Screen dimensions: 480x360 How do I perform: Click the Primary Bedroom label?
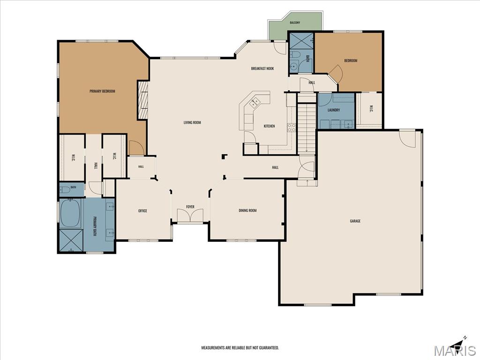(102, 91)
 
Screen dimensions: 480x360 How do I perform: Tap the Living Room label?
(192, 122)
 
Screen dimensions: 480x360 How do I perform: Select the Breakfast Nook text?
(262, 68)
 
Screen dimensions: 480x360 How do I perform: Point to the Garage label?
(355, 221)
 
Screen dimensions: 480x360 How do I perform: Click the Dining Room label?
(247, 210)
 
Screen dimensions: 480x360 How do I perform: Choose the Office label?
(142, 210)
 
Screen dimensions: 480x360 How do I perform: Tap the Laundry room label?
(334, 110)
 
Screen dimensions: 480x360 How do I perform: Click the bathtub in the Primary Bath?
(70, 213)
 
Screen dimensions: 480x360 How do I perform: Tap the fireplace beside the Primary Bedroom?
(142, 100)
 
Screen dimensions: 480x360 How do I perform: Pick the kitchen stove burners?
(292, 127)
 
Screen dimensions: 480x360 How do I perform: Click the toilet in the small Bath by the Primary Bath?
(65, 190)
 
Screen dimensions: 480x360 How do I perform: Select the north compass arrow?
(459, 343)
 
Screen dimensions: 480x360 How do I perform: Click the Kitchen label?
(270, 126)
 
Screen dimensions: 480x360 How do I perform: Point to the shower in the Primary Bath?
(71, 240)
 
